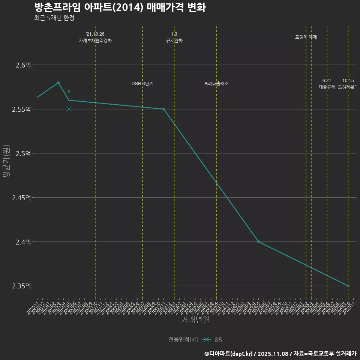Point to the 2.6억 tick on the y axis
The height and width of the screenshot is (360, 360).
pyautogui.click(x=23, y=65)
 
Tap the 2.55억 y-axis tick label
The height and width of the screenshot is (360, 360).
pyautogui.click(x=21, y=109)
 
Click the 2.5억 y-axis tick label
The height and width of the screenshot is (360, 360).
pyautogui.click(x=23, y=154)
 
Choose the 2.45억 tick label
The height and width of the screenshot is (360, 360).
pyautogui.click(x=21, y=198)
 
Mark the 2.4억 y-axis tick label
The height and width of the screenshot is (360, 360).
pyautogui.click(x=23, y=242)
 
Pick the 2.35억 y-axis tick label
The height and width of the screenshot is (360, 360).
pyautogui.click(x=21, y=286)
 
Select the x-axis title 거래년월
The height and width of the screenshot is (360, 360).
pyautogui.click(x=195, y=320)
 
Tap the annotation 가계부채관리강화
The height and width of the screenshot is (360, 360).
pyautogui.click(x=95, y=40)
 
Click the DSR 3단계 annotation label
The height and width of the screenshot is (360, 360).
pyautogui.click(x=142, y=84)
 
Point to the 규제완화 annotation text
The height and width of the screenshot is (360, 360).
pyautogui.click(x=174, y=40)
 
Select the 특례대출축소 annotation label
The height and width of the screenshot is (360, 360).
pyautogui.click(x=216, y=84)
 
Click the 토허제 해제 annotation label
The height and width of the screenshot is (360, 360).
pyautogui.click(x=306, y=37)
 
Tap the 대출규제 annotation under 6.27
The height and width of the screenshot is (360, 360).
pyautogui.click(x=327, y=87)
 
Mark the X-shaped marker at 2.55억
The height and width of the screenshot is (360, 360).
pyautogui.click(x=69, y=109)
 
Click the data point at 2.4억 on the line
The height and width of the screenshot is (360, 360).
pyautogui.click(x=258, y=242)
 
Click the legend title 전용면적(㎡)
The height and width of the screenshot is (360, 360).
pyautogui.click(x=183, y=340)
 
